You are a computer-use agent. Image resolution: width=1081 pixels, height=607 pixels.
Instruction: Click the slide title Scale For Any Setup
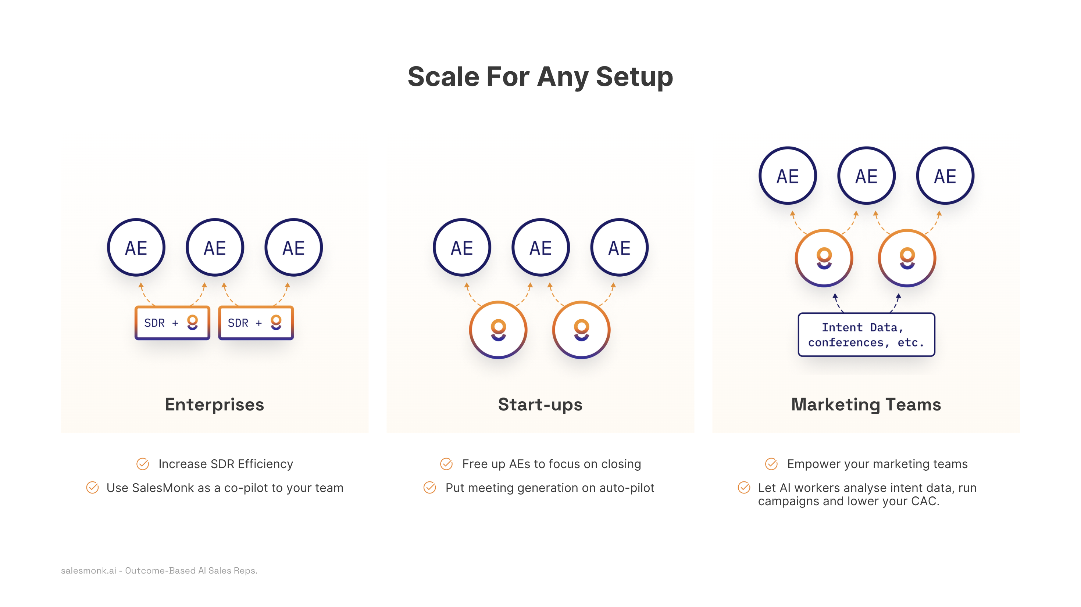pyautogui.click(x=540, y=77)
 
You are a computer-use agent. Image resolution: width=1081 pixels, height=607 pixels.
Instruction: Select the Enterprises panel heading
pyautogui.click(x=214, y=405)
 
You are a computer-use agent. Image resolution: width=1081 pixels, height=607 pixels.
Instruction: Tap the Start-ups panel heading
pyautogui.click(x=540, y=405)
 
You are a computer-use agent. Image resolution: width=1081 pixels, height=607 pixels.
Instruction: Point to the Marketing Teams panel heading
pyautogui.click(x=866, y=405)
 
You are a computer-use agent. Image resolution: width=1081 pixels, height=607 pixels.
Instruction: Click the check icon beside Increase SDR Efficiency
pyautogui.click(x=143, y=464)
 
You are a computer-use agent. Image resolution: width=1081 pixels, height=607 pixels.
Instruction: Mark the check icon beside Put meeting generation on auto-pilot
pyautogui.click(x=430, y=488)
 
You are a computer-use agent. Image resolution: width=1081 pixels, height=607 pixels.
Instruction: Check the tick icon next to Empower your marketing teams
pyautogui.click(x=771, y=464)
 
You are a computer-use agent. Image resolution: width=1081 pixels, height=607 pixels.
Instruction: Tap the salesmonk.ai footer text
pyautogui.click(x=159, y=571)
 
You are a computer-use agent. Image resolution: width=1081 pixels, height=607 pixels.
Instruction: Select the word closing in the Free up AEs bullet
pyautogui.click(x=621, y=464)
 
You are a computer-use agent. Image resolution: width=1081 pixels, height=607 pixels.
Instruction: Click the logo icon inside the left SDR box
pyautogui.click(x=192, y=322)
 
